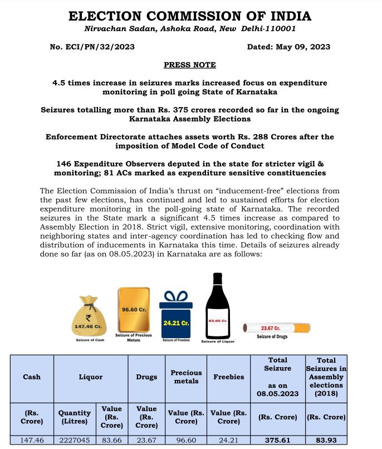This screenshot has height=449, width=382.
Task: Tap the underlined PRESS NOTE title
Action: tap(189, 65)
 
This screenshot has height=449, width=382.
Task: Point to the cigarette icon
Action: tap(277, 328)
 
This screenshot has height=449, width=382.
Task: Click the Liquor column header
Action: tap(90, 377)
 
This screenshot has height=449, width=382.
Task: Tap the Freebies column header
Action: tap(228, 377)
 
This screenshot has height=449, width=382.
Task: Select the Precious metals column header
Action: tap(186, 377)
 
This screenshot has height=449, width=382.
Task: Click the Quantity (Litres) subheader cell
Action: tap(74, 416)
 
